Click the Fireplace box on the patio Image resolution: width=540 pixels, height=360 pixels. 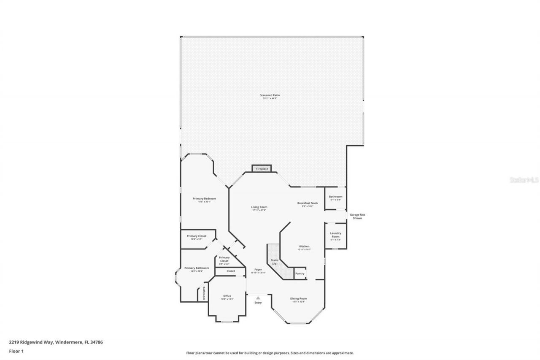pos(262,169)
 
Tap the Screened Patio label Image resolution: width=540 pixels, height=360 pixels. pos(270,95)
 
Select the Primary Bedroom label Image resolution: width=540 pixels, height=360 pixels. pos(204,198)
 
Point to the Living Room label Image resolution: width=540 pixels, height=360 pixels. pos(259,207)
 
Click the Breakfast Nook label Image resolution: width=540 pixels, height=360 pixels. pos(307,203)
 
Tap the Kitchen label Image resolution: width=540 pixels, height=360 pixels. pos(304,246)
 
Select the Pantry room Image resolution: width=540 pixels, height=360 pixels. pos(300,274)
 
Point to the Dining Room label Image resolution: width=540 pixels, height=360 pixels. pos(298,298)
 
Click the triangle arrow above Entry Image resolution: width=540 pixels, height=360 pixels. pos(258,298)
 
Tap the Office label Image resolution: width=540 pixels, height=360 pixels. pos(227,296)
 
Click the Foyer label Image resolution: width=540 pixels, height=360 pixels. pos(258,269)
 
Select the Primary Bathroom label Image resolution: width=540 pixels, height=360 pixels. pos(197,268)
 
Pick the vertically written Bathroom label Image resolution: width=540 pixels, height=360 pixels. pos(204,293)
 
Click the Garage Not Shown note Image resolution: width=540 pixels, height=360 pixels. pos(357,216)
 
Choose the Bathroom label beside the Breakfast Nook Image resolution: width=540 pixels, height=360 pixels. pos(335,197)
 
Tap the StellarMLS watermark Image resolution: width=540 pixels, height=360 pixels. pos(524,180)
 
